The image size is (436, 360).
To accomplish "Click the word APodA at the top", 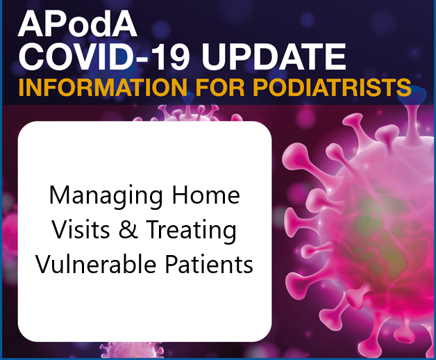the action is click(78, 24).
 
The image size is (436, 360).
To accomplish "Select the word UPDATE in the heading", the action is click(274, 58).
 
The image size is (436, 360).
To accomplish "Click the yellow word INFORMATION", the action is click(103, 87).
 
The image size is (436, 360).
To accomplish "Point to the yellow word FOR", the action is click(219, 87).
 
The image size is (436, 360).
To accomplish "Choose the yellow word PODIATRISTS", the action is click(332, 87).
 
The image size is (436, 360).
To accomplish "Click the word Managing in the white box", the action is click(106, 196).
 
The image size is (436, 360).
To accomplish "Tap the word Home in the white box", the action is click(206, 195).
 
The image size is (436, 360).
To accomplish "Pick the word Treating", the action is click(192, 231).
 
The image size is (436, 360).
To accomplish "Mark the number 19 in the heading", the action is click(171, 58).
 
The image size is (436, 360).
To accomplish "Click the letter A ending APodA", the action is click(124, 24).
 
